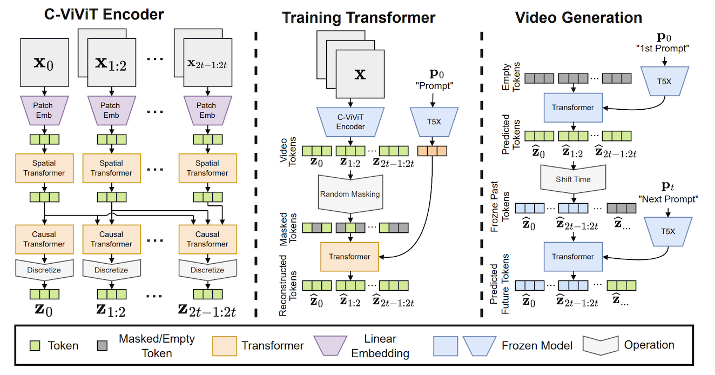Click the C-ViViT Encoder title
[x=104, y=15]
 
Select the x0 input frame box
[x=44, y=62]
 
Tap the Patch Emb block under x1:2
[x=111, y=110]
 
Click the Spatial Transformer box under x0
[x=44, y=168]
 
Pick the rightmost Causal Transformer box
[x=208, y=239]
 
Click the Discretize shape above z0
[x=44, y=270]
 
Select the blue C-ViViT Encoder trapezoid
[x=350, y=122]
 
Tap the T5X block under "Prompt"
[x=434, y=122]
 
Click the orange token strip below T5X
[x=432, y=151]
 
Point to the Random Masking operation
[x=350, y=194]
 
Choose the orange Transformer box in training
[x=349, y=257]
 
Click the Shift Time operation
[x=573, y=179]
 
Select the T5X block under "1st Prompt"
[x=665, y=81]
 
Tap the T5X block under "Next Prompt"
[x=668, y=232]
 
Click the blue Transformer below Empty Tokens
[x=573, y=108]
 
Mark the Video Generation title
[x=578, y=17]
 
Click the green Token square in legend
[x=35, y=346]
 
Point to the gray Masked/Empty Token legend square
[x=102, y=346]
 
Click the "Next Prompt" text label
[x=669, y=199]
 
